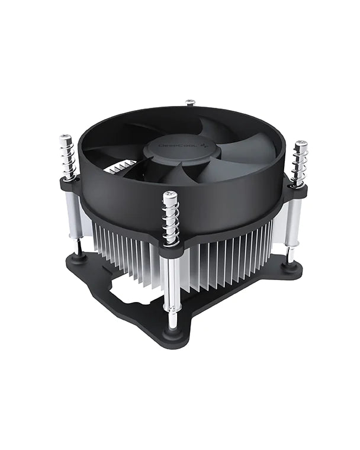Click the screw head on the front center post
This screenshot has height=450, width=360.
[170, 195]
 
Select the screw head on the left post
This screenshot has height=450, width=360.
[65, 139]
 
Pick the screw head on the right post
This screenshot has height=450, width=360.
[301, 144]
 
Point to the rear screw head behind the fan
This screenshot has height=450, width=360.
[190, 102]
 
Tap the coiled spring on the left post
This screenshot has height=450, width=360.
[67, 159]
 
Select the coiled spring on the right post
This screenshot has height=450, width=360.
[299, 165]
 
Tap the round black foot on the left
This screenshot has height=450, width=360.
[78, 257]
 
